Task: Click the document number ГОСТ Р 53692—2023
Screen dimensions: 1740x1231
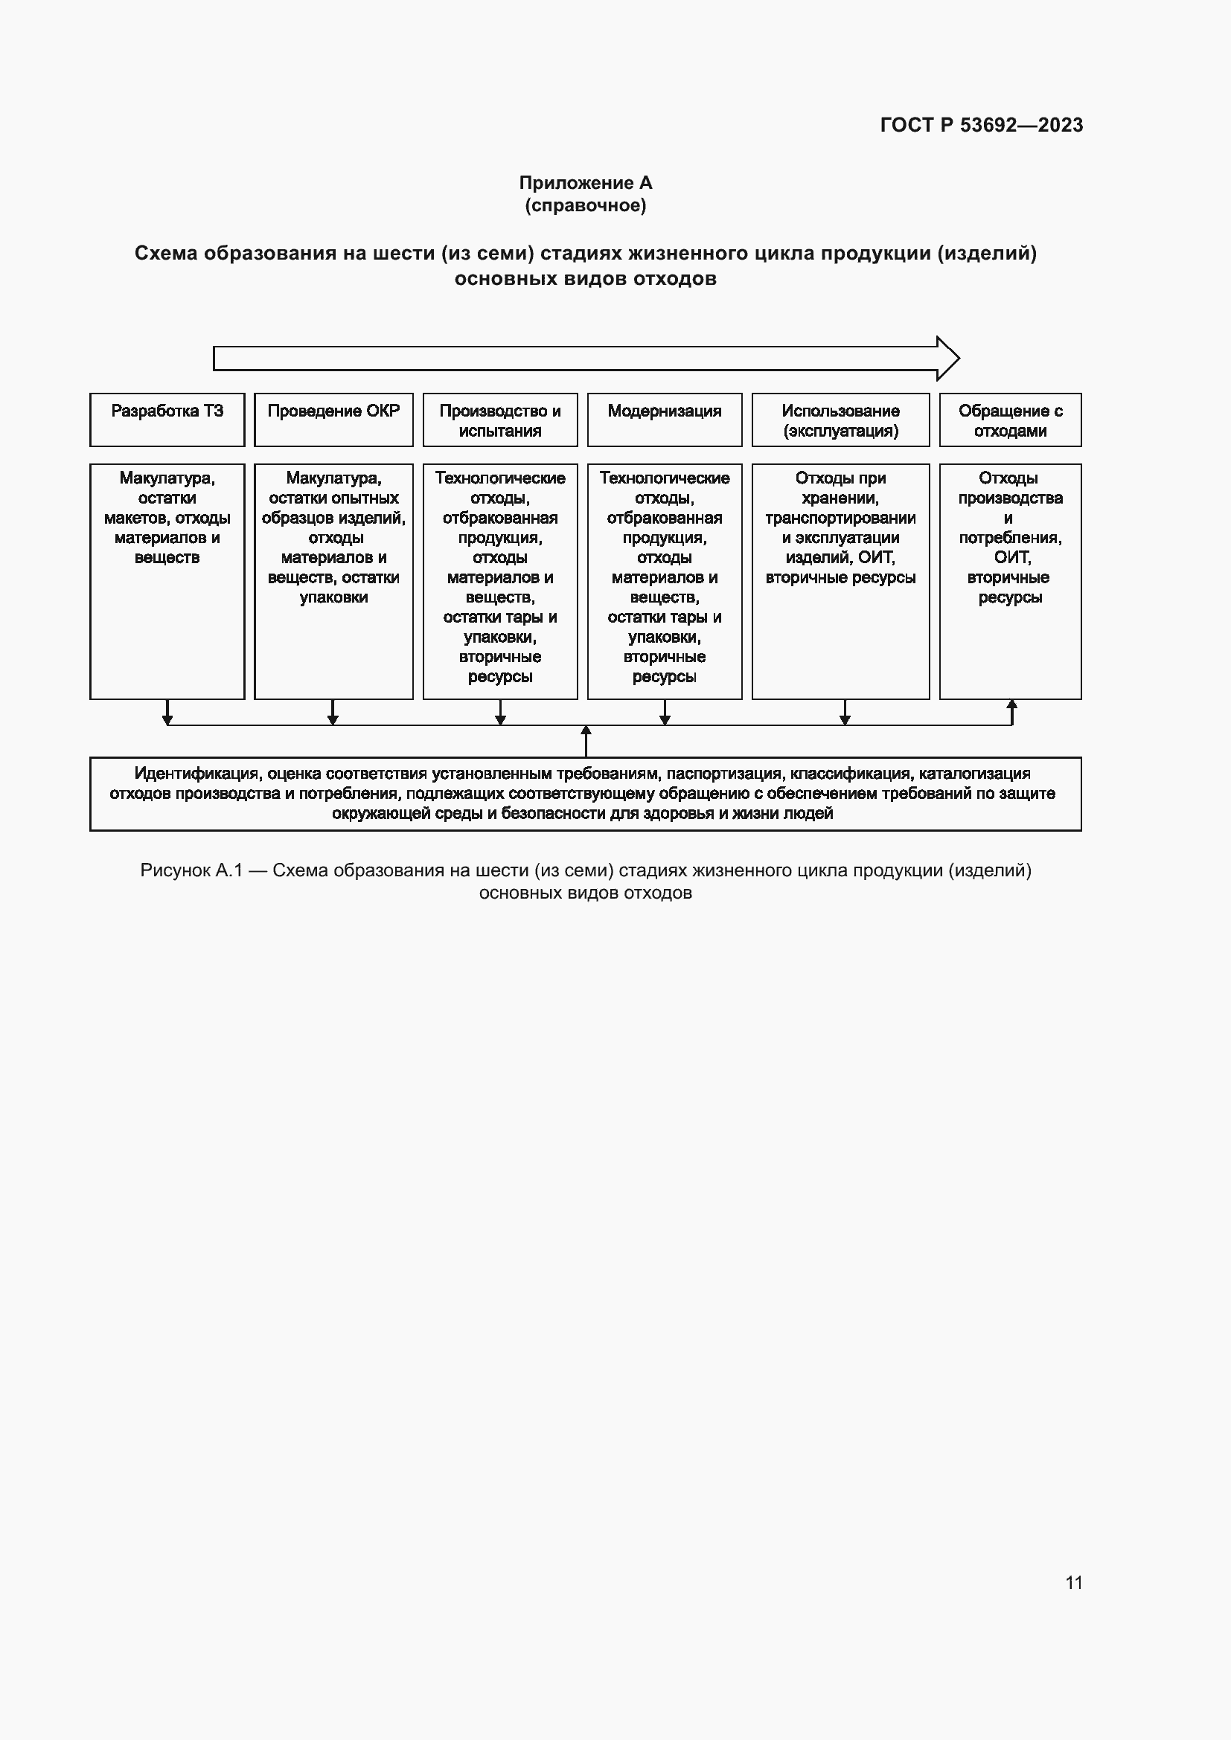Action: pyautogui.click(x=981, y=125)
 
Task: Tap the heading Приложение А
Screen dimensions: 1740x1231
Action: pyautogui.click(x=585, y=183)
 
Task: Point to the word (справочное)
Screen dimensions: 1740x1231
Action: pyautogui.click(x=585, y=205)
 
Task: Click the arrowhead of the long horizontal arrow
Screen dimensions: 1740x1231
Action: pyautogui.click(x=947, y=359)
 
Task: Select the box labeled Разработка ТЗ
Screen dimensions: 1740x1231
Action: pyautogui.click(x=167, y=419)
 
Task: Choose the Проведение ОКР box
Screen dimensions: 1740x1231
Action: pyautogui.click(x=333, y=419)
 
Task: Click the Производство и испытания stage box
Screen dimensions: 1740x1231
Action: pyautogui.click(x=499, y=420)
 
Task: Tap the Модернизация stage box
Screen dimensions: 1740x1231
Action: pyautogui.click(x=664, y=419)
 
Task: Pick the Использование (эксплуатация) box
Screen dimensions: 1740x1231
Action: pyautogui.click(x=840, y=420)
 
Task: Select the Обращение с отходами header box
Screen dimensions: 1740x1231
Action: pyautogui.click(x=1010, y=420)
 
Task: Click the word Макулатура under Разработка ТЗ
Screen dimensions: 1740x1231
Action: pyautogui.click(x=167, y=478)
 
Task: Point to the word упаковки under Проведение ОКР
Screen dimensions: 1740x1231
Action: pyautogui.click(x=333, y=597)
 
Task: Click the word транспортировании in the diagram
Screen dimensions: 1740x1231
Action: pyautogui.click(x=840, y=519)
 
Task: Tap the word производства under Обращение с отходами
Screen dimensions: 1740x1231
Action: pyautogui.click(x=1010, y=498)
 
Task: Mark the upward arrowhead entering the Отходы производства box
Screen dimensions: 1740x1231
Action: pyautogui.click(x=1011, y=704)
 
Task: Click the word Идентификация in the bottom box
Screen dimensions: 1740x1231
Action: pyautogui.click(x=196, y=774)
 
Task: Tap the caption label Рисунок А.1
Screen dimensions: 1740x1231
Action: pyautogui.click(x=191, y=870)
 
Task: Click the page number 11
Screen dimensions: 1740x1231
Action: pyautogui.click(x=1073, y=1582)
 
